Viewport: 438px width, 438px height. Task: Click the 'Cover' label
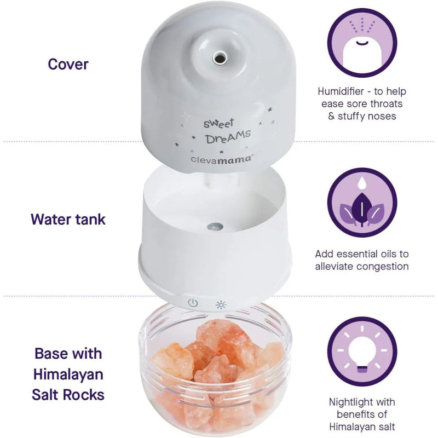pos(68,64)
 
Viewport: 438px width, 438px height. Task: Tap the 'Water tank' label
pos(68,220)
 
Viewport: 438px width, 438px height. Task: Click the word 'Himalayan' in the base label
pos(68,374)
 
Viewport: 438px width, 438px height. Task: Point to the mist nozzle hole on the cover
pos(219,59)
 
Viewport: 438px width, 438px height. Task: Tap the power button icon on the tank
pos(193,303)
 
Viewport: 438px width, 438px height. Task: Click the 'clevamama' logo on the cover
pos(222,159)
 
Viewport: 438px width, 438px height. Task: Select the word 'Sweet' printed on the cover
pos(218,123)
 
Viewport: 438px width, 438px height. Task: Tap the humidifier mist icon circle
pos(362,43)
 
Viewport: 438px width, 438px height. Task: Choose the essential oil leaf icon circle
pos(362,203)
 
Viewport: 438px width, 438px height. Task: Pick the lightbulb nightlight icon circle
pos(362,351)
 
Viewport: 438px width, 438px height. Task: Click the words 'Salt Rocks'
pos(68,395)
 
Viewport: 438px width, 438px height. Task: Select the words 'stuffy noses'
pos(367,116)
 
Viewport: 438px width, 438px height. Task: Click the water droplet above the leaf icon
pos(362,182)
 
